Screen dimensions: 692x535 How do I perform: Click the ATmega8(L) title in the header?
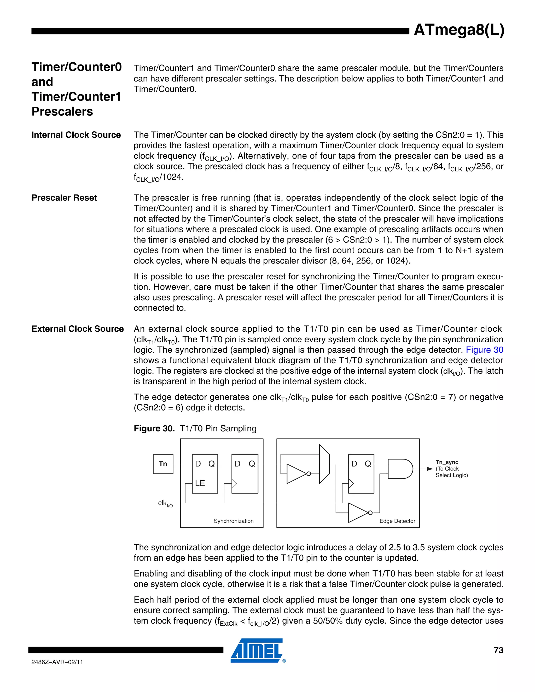[x=459, y=30]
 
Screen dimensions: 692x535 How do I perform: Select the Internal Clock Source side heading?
[x=76, y=135]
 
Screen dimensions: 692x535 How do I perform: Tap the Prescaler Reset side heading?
[x=64, y=198]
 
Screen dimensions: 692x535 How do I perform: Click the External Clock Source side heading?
[x=77, y=329]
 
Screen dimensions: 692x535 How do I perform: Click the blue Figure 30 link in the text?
[x=484, y=350]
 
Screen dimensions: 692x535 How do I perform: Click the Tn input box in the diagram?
[x=163, y=464]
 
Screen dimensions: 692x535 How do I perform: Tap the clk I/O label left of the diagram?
[x=165, y=503]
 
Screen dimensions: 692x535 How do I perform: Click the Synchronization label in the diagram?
[x=234, y=521]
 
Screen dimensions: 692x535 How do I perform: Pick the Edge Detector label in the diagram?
[x=397, y=521]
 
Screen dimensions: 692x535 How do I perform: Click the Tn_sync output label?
[x=447, y=462]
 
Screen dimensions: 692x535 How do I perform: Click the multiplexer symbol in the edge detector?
[x=324, y=464]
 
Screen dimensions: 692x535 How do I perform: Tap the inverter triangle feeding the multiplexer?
[x=297, y=474]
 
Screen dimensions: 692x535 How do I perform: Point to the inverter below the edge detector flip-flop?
[x=359, y=512]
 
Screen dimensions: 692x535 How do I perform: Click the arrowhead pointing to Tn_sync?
[x=430, y=469]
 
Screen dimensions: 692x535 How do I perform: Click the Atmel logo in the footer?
[x=257, y=650]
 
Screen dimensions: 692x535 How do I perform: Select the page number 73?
[x=498, y=650]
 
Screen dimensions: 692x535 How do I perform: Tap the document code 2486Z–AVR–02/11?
[x=57, y=662]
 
